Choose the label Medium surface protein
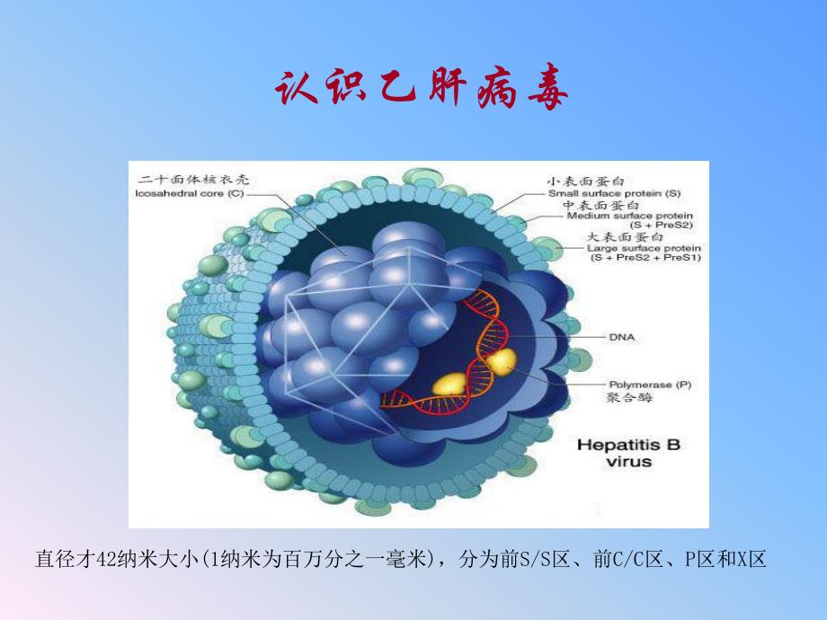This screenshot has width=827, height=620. tap(636, 216)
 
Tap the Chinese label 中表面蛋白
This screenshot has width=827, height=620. tap(591, 205)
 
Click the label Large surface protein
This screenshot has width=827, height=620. tap(644, 247)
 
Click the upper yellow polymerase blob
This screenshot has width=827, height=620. tap(501, 361)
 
